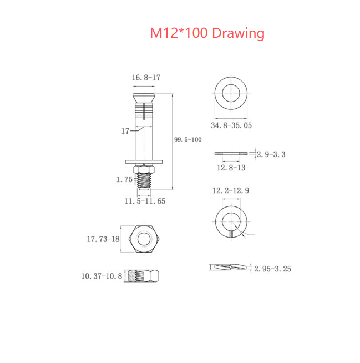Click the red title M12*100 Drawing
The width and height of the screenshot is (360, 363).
pos(207,33)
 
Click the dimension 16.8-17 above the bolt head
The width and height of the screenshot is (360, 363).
pos(145,78)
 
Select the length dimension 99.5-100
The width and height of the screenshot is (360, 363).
pos(187,139)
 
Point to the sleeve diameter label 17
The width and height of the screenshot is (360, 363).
pos(125,131)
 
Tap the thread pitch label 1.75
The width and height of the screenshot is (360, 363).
pos(124,179)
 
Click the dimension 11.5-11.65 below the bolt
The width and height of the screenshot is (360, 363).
pos(144,201)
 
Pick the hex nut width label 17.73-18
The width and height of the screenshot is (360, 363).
pos(103,239)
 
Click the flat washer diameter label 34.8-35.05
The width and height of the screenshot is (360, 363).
pos(231,125)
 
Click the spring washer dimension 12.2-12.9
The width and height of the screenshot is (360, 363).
pos(230,190)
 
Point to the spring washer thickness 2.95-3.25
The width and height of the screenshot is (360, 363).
pos(273,269)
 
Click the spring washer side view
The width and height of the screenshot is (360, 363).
pos(228,268)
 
